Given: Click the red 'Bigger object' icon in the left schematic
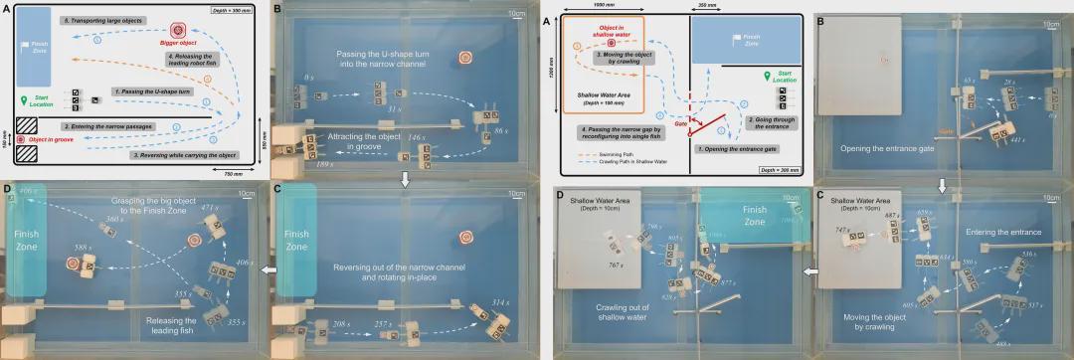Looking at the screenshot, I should tap(180, 32).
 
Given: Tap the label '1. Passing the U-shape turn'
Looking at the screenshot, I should tap(158, 91).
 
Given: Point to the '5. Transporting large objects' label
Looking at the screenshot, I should tap(100, 20).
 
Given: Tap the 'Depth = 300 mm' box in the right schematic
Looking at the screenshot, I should tap(780, 171).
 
